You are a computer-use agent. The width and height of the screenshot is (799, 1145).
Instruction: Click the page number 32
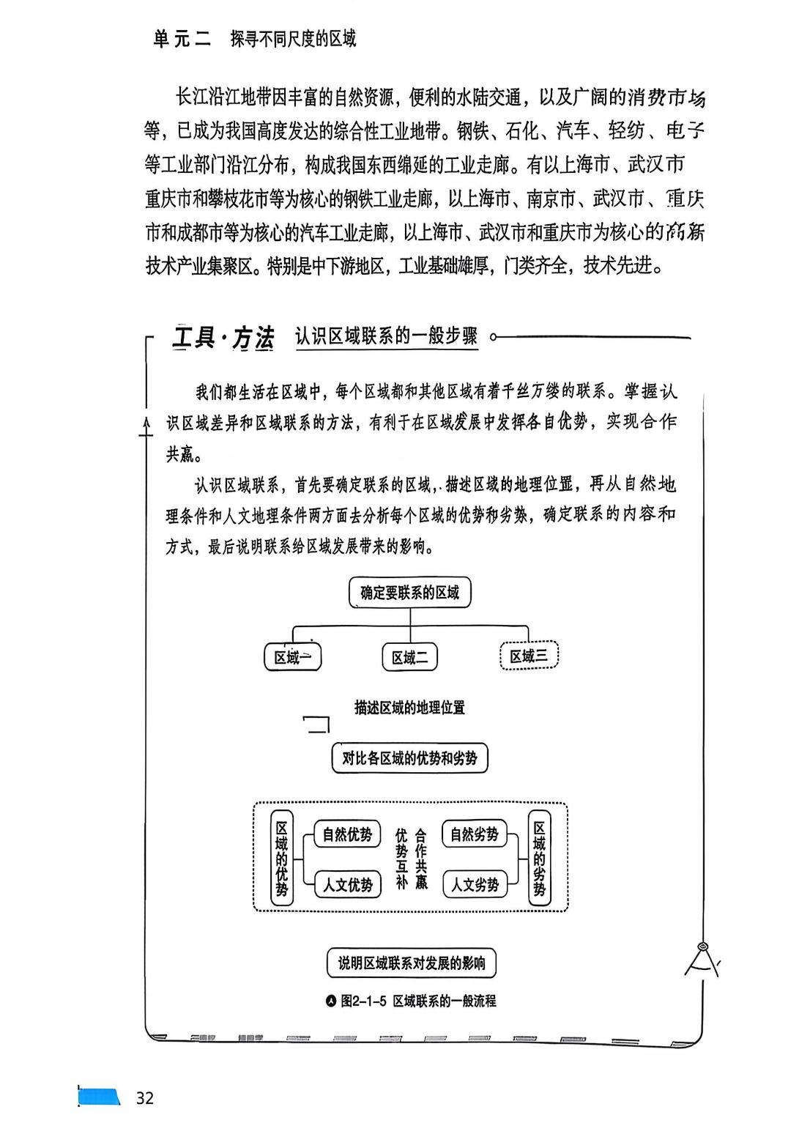[x=145, y=1097]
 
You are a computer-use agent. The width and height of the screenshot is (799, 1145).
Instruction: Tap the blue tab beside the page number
[x=100, y=1097]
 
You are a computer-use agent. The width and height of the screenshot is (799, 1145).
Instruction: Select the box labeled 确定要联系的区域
[x=409, y=593]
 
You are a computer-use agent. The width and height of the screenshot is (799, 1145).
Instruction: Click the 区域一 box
[x=292, y=657]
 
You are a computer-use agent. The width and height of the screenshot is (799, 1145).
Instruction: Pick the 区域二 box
[x=409, y=657]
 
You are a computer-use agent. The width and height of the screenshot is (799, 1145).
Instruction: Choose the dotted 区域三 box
[x=529, y=656]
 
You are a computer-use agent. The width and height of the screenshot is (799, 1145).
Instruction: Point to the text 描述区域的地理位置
[x=409, y=708]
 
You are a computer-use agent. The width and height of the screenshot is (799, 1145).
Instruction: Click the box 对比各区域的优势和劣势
[x=409, y=758]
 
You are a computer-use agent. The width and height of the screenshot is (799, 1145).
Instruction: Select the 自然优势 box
[x=347, y=834]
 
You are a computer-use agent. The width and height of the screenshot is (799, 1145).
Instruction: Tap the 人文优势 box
[x=347, y=885]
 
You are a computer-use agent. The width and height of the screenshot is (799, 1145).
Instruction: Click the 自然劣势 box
[x=475, y=834]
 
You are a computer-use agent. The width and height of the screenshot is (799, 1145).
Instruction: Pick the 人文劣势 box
[x=475, y=885]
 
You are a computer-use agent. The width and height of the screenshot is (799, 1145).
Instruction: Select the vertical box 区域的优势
[x=281, y=858]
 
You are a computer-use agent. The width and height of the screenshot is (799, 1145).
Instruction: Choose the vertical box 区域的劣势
[x=540, y=858]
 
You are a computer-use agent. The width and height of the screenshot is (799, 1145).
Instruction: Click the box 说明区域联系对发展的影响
[x=411, y=963]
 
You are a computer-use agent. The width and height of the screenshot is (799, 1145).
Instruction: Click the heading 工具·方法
[x=223, y=338]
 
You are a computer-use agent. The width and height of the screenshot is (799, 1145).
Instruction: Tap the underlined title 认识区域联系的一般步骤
[x=386, y=336]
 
